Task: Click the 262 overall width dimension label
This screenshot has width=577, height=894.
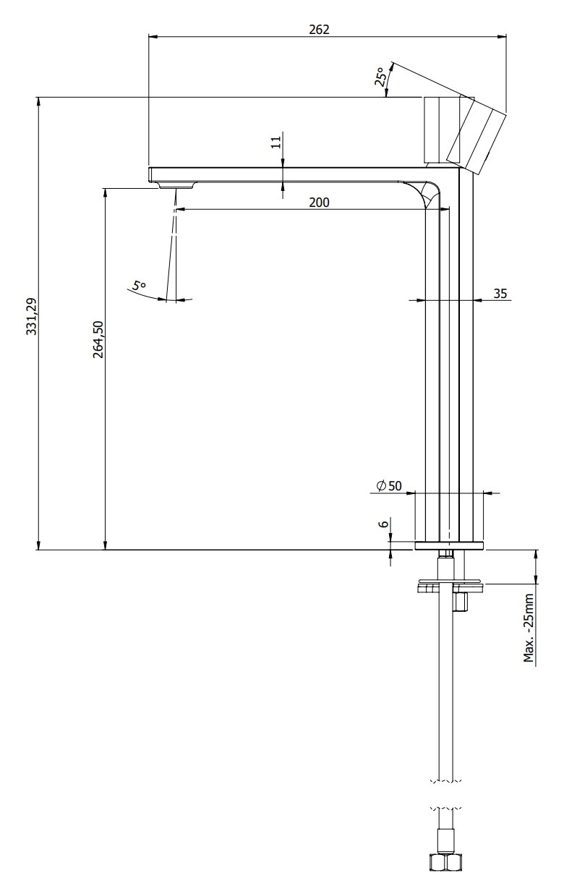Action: pyautogui.click(x=319, y=30)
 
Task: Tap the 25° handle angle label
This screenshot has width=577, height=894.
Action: pyautogui.click(x=380, y=77)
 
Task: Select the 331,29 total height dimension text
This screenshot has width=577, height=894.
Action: pyautogui.click(x=31, y=316)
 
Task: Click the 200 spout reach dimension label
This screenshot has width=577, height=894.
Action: pyautogui.click(x=319, y=203)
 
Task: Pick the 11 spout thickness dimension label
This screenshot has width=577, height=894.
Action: pyautogui.click(x=276, y=142)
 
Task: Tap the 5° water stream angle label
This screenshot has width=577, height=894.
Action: pyautogui.click(x=140, y=286)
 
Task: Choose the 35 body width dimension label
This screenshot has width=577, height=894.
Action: pyautogui.click(x=500, y=294)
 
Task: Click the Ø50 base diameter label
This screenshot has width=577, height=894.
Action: pyautogui.click(x=389, y=486)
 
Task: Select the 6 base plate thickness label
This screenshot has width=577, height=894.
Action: pyautogui.click(x=383, y=524)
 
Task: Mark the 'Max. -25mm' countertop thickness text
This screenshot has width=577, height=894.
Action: pyautogui.click(x=529, y=629)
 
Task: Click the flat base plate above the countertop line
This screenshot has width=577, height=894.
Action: pyautogui.click(x=449, y=545)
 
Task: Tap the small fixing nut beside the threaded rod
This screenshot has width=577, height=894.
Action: pyautogui.click(x=460, y=602)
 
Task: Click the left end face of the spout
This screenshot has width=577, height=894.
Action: pyautogui.click(x=150, y=175)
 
